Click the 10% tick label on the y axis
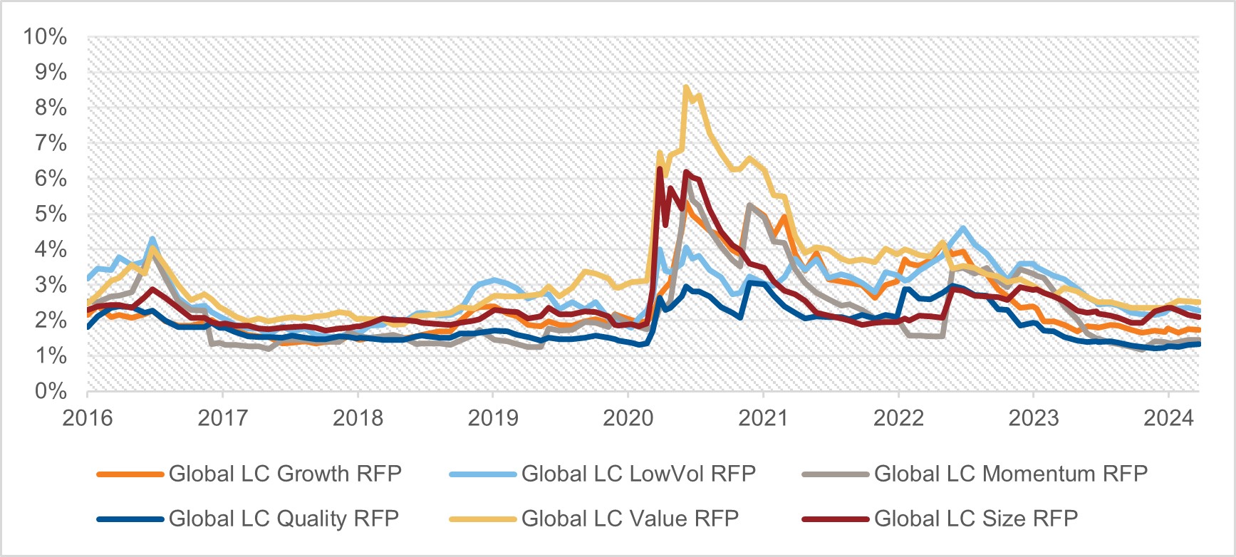pyautogui.click(x=45, y=36)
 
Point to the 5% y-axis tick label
pyautogui.click(x=51, y=214)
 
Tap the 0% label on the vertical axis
pyautogui.click(x=51, y=391)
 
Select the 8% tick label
pyautogui.click(x=51, y=108)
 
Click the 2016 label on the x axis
pyautogui.click(x=88, y=417)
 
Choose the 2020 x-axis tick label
pyautogui.click(x=628, y=417)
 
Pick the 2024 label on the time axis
pyautogui.click(x=1168, y=417)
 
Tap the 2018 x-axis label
pyautogui.click(x=358, y=417)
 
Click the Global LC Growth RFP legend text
pyautogui.click(x=285, y=474)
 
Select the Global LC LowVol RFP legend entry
pyautogui.click(x=638, y=474)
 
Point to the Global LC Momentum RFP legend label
pyautogui.click(x=1011, y=474)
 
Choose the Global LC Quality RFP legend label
pyautogui.click(x=284, y=519)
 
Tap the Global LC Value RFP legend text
pyautogui.click(x=630, y=519)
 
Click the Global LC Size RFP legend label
pyautogui.click(x=976, y=519)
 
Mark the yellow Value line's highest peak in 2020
pyautogui.click(x=685, y=88)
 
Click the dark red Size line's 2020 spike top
pyautogui.click(x=660, y=169)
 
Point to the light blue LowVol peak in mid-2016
pyautogui.click(x=152, y=239)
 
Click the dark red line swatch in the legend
pyautogui.click(x=835, y=519)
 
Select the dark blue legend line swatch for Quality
pyautogui.click(x=130, y=519)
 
